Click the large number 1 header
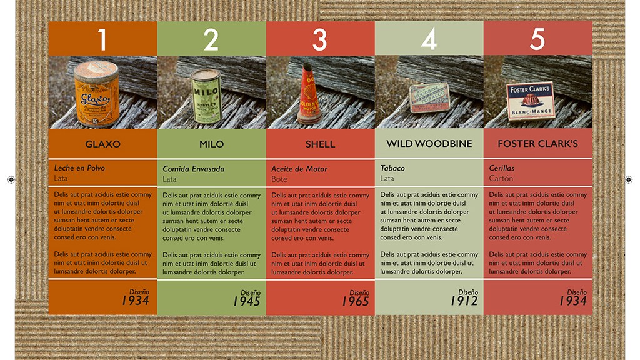102,39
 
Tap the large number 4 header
429,39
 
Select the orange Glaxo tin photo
97,94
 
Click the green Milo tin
206,96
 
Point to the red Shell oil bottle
310,94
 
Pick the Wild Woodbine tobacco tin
429,97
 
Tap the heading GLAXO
103,144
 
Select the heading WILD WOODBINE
429,144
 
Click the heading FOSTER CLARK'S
537,144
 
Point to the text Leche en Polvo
79,167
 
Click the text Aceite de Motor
299,169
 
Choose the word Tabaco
392,168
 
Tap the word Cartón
501,178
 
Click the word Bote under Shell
279,179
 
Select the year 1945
246,301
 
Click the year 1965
355,301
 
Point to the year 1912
464,301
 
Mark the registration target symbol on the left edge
11,179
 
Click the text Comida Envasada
194,169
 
